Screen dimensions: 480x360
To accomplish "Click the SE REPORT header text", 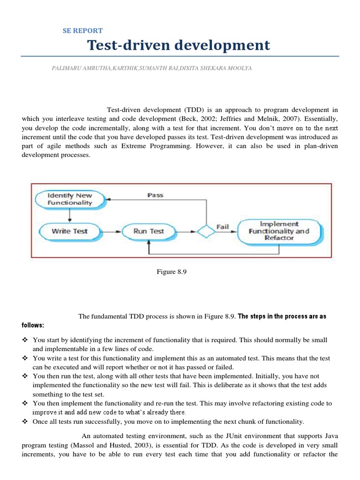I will (x=82, y=31).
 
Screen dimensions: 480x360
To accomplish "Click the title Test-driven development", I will (x=179, y=45).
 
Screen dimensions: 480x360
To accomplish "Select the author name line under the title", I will (x=151, y=68).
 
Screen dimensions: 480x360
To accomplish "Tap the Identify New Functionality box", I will (x=70, y=199).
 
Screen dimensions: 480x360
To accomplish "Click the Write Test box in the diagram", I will (x=69, y=231).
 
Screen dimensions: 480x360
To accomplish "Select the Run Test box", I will (x=149, y=231).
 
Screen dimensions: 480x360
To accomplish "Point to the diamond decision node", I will (x=205, y=232).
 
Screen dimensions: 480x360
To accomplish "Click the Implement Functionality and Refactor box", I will (x=278, y=231).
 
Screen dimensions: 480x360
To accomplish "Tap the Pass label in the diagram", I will (x=155, y=195).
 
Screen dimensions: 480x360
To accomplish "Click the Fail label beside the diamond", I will (x=222, y=227).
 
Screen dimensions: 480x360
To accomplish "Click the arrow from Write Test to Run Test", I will (x=109, y=231).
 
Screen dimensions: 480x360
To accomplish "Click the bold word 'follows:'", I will (x=33, y=325).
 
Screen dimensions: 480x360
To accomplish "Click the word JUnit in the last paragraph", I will (x=226, y=436).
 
